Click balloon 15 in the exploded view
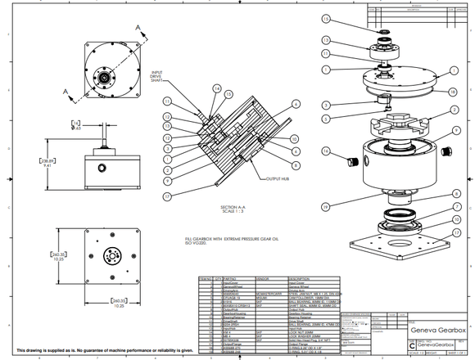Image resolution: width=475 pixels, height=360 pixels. (326, 18)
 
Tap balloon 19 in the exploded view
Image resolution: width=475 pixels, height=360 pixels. (325, 207)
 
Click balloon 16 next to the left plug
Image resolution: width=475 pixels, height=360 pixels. (325, 151)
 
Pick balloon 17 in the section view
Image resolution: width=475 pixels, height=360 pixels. (167, 196)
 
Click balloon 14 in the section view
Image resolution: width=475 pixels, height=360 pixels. (216, 88)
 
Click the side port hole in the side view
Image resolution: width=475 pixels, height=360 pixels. (103, 174)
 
